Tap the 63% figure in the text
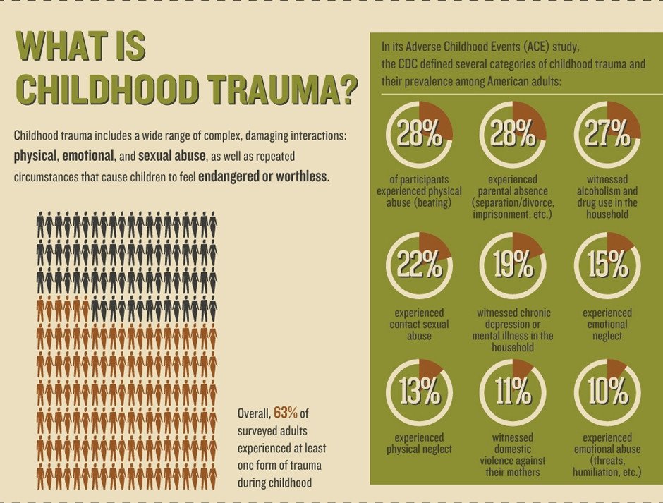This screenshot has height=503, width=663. pos(286,412)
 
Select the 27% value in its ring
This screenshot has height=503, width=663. pos(607,133)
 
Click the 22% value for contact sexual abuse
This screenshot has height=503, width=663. pos(419,265)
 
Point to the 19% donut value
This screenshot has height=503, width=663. pos(513,265)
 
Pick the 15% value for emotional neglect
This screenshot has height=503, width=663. pos(607,265)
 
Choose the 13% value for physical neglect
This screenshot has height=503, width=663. pos(419,391)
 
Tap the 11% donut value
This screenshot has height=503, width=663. pos(513,391)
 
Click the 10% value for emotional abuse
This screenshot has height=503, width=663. pos(607,391)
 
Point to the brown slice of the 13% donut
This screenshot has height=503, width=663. pos(430,369)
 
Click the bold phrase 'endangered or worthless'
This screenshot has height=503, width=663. pos(262,176)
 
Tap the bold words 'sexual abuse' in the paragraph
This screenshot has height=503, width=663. pos(172,156)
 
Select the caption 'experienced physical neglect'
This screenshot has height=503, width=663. pos(419,443)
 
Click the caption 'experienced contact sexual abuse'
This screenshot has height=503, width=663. pos(419,324)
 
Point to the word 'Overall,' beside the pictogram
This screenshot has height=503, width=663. pos(253,413)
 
